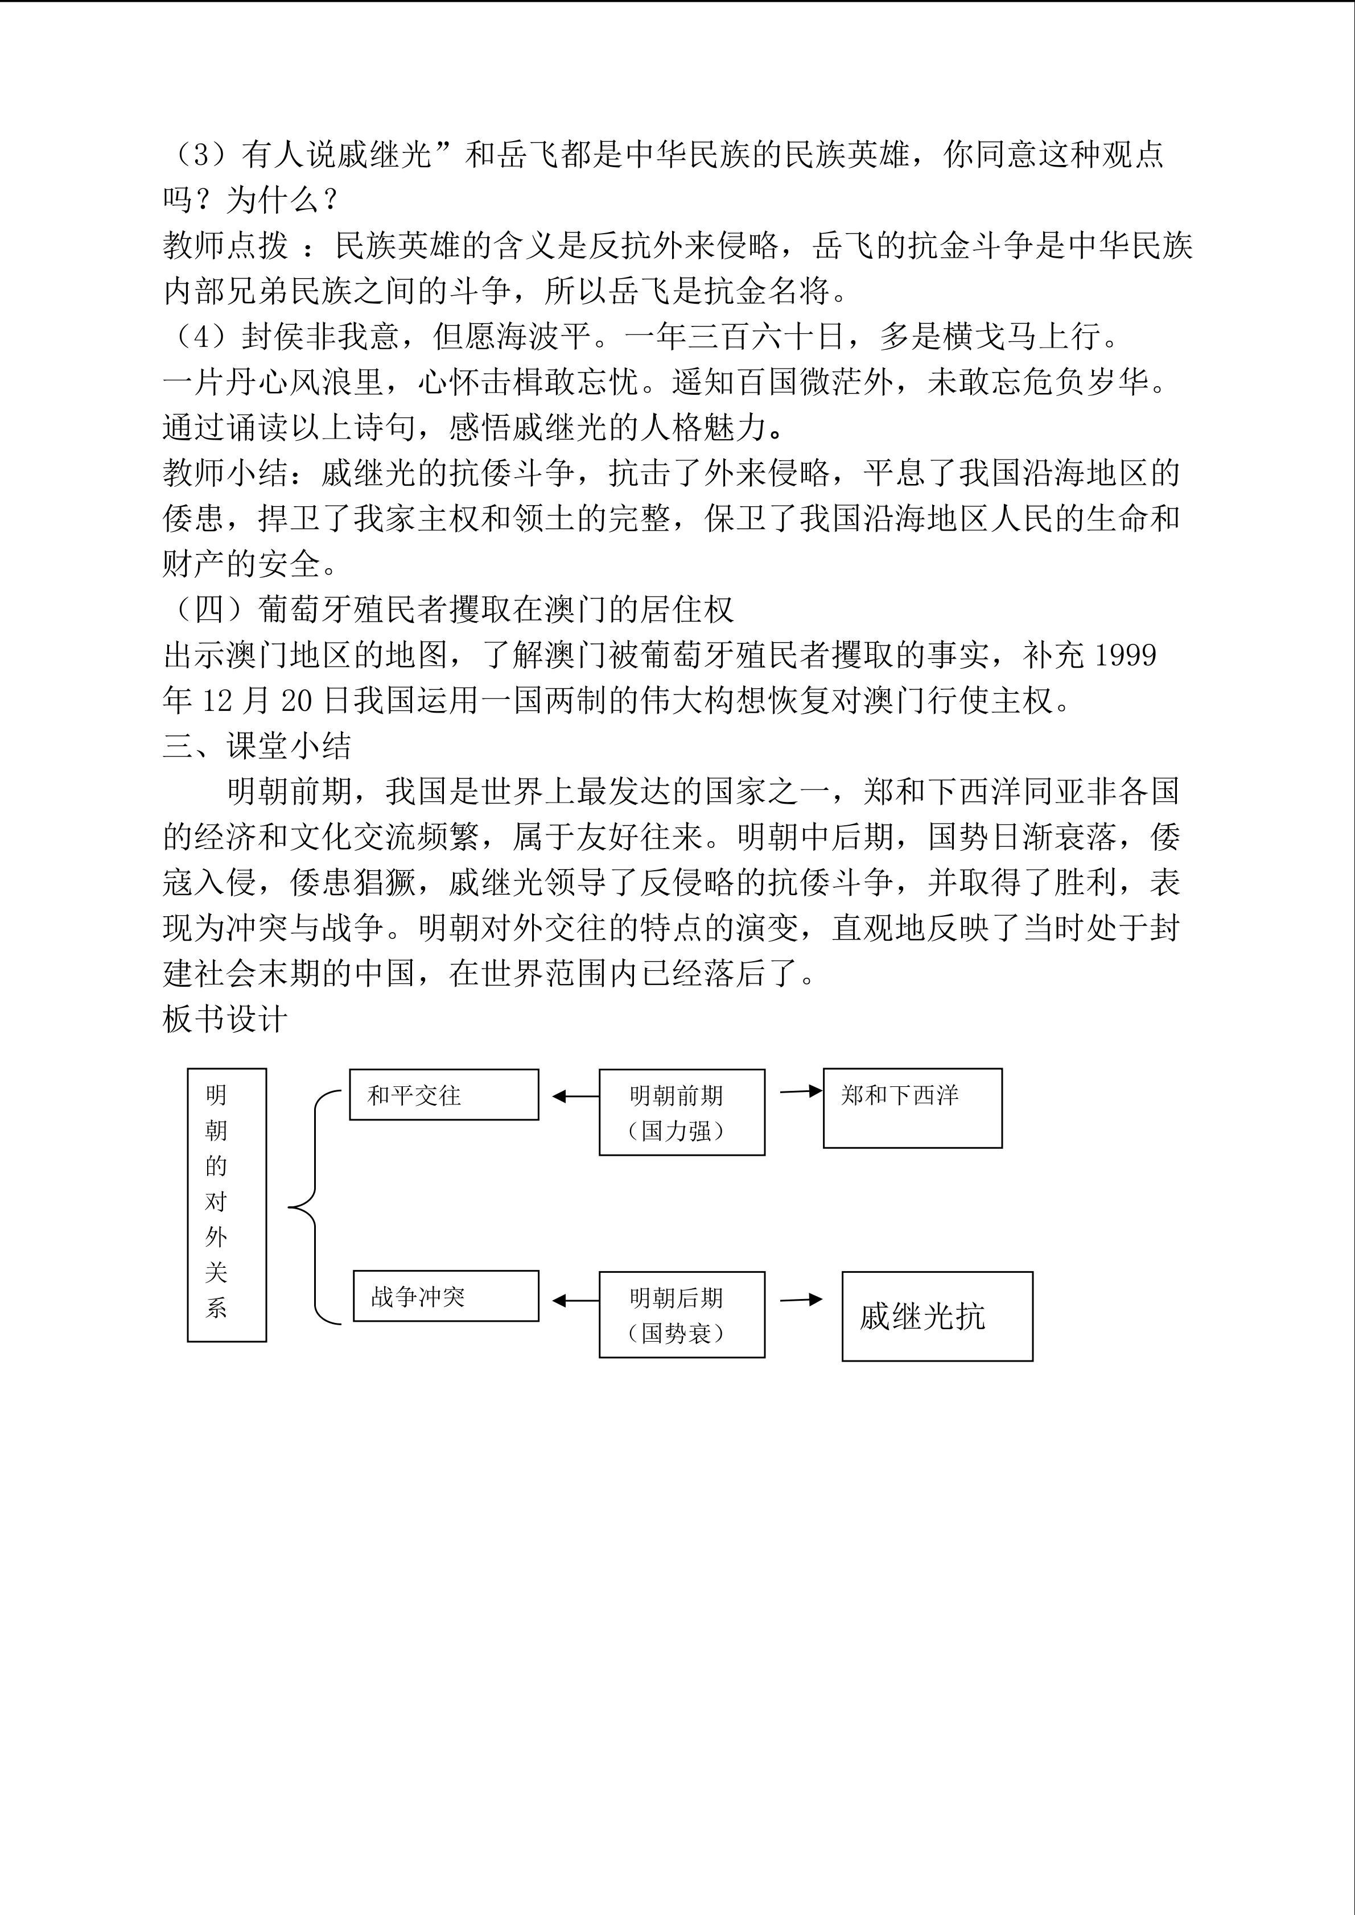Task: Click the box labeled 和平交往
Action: pyautogui.click(x=443, y=1094)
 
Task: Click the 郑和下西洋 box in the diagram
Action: pyautogui.click(x=912, y=1107)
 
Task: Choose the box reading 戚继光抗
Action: pyautogui.click(x=936, y=1316)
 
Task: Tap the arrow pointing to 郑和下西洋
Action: pyautogui.click(x=800, y=1091)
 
